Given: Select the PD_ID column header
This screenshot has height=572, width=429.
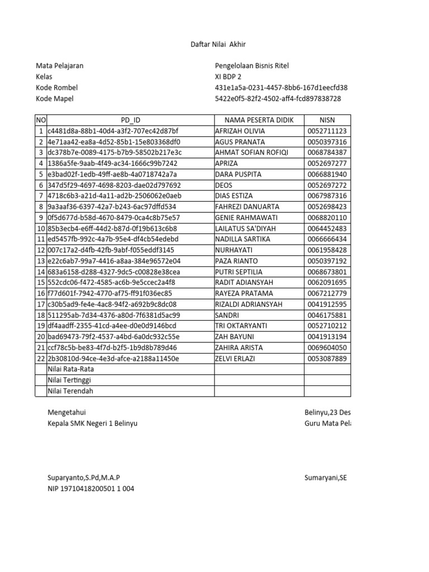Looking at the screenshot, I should tap(131, 120).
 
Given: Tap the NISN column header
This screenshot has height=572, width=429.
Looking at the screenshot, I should tap(327, 120).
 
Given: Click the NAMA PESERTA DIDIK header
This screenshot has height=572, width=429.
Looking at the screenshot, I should tap(259, 120).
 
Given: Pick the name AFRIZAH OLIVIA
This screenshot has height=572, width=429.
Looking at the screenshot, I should tap(240, 131).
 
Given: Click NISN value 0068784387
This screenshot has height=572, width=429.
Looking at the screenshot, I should tap(327, 152).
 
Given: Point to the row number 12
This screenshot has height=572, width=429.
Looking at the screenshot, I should tap(41, 250).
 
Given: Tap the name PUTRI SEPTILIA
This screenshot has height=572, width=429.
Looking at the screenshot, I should tap(239, 272).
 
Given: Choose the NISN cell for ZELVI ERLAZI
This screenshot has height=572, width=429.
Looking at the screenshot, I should tap(327, 359).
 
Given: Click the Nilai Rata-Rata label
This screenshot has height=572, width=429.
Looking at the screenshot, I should tap(71, 369).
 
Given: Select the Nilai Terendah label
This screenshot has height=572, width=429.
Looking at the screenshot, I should tap(70, 391).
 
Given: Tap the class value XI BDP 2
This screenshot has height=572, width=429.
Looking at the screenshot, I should tap(228, 77).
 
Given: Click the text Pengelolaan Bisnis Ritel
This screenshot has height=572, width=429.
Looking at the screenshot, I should tap(252, 66).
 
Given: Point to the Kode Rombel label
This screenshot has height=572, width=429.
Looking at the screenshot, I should tap(57, 88).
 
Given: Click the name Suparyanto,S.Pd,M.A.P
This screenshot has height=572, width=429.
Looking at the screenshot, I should tap(84, 478).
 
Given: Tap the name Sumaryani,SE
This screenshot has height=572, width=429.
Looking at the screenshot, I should tap(326, 478).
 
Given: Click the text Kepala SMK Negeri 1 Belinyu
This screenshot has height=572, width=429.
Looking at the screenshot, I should tap(93, 423).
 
